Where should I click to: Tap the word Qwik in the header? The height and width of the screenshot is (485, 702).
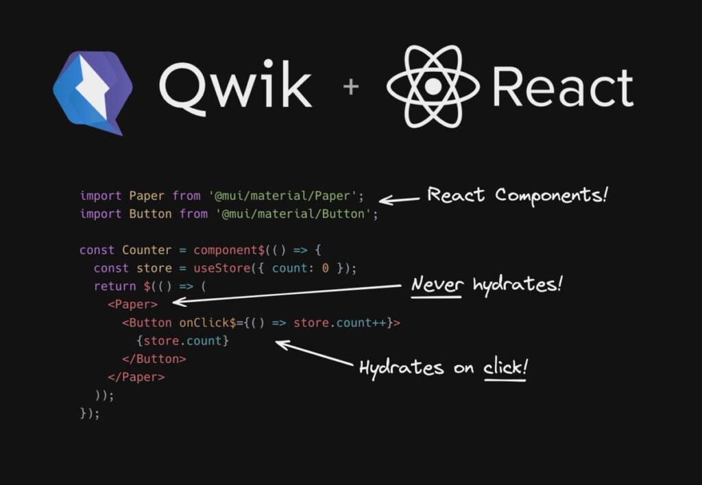[235, 87]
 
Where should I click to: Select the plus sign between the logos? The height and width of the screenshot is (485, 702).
[351, 87]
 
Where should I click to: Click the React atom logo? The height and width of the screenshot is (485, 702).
[433, 86]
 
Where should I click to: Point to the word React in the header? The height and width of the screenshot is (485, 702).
[562, 87]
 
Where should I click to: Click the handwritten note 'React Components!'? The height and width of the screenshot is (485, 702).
[518, 195]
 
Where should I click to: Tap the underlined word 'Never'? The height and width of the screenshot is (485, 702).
[437, 284]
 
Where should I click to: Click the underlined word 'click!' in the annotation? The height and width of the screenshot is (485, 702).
[506, 368]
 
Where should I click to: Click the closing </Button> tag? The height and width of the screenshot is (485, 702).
[154, 358]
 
